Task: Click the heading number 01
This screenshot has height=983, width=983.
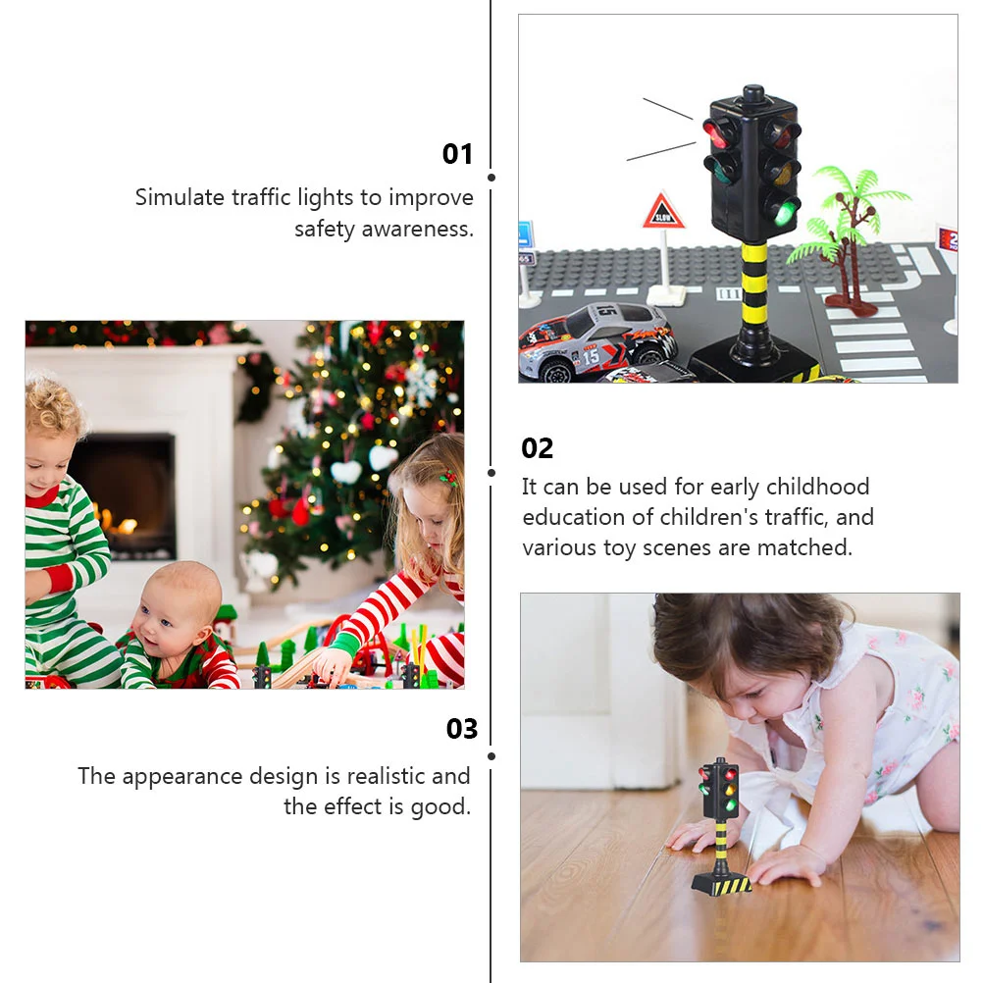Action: pyautogui.click(x=457, y=154)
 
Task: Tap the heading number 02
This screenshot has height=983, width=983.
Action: pyautogui.click(x=538, y=448)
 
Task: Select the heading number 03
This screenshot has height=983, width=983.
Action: pyautogui.click(x=462, y=729)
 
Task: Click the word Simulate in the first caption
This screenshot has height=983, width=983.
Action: pyautogui.click(x=180, y=197)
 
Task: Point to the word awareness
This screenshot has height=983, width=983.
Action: pyautogui.click(x=418, y=230)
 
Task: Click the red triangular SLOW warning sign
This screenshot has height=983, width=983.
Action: pyautogui.click(x=662, y=211)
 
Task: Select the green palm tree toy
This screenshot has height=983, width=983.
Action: pyautogui.click(x=844, y=239)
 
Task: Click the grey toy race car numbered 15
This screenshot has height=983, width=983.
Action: pyautogui.click(x=595, y=341)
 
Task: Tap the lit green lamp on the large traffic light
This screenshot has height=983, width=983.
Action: pyautogui.click(x=783, y=212)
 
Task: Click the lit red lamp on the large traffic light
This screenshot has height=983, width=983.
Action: pyautogui.click(x=714, y=132)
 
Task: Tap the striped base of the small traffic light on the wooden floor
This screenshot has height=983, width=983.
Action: pyautogui.click(x=722, y=882)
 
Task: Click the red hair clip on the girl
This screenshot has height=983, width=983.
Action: pyautogui.click(x=447, y=478)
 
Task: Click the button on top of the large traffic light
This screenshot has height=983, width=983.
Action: pyautogui.click(x=752, y=93)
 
